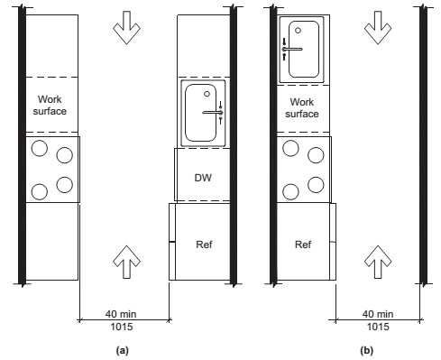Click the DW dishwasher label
point(203,178)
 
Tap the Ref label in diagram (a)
point(204,245)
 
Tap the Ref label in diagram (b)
point(303,245)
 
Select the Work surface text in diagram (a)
point(50,106)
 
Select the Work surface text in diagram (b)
point(302,108)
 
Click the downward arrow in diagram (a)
point(126,28)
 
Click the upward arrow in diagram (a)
point(126,262)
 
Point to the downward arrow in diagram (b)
point(378,28)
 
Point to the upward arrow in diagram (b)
point(378,262)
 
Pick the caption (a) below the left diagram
point(122,351)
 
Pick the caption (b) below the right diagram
point(366,351)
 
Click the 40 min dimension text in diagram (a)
point(121,314)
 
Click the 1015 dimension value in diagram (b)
point(378,327)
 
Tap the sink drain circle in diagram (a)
point(207,94)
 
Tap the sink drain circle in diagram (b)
point(298,31)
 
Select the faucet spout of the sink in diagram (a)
point(212,113)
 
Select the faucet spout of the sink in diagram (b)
point(292,49)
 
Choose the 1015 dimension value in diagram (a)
point(122,327)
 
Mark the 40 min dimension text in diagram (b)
point(378,314)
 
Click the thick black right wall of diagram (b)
point(423,144)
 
